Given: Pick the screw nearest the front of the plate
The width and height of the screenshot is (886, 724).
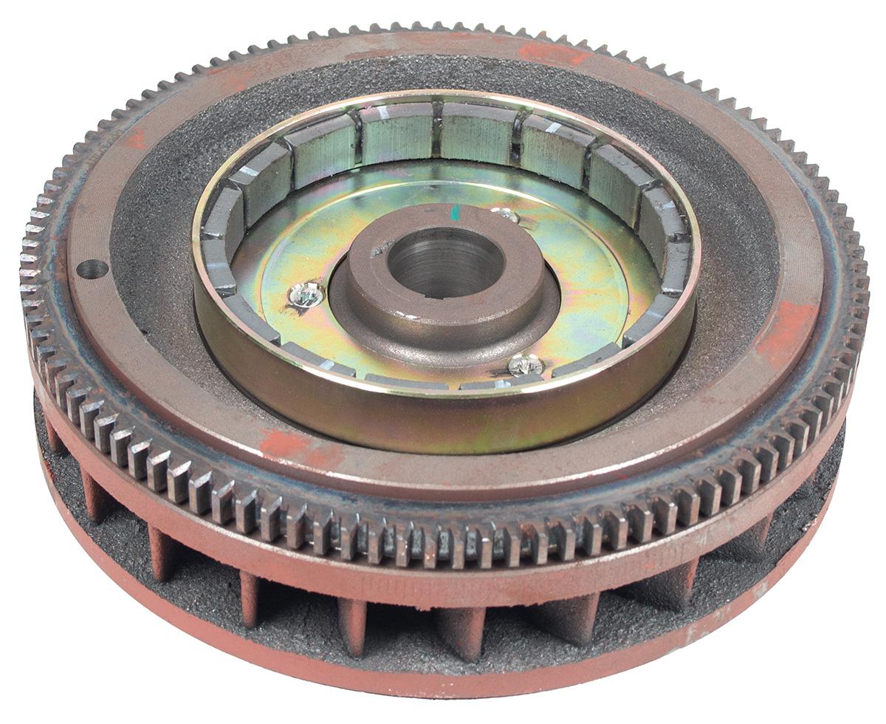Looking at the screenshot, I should coord(526,363).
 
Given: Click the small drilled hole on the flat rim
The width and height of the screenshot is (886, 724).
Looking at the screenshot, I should coord(93,269).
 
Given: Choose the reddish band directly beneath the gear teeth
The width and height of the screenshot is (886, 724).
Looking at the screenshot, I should coord(443,584).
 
